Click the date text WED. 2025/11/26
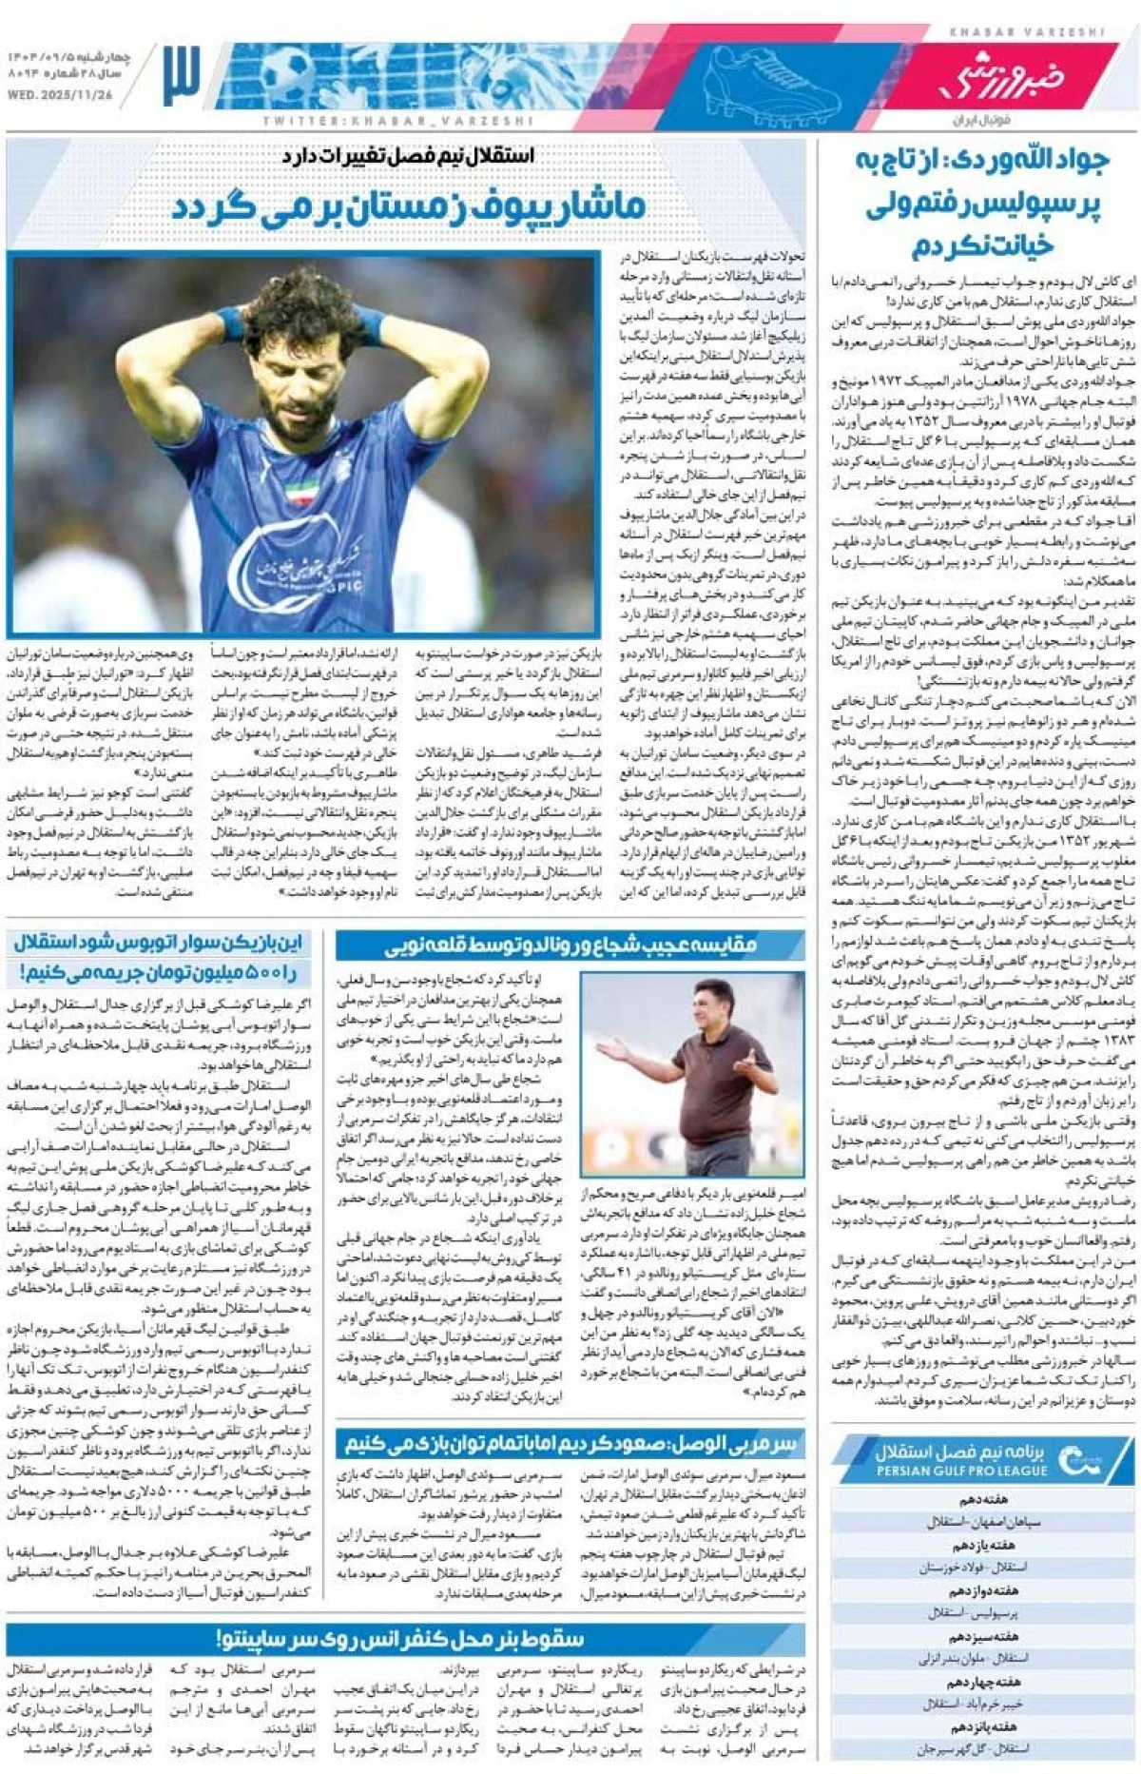coord(60,96)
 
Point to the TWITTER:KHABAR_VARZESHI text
coord(397,121)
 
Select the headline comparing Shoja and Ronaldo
coord(570,945)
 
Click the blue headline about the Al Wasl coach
coord(570,1444)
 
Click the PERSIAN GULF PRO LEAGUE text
coord(961,1471)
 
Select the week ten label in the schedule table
coord(982,1499)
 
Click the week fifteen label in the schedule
coord(982,1726)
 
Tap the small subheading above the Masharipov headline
coord(409,155)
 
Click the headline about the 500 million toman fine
coord(159,957)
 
